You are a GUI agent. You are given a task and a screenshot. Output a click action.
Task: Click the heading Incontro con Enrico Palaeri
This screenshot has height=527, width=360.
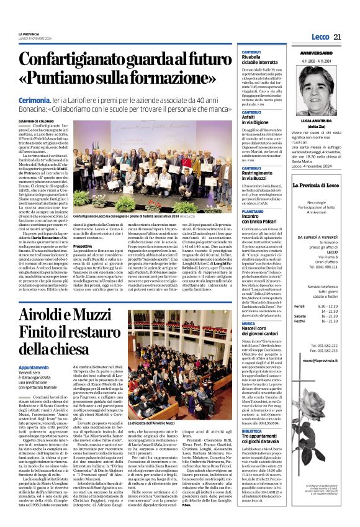tap(261, 218)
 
